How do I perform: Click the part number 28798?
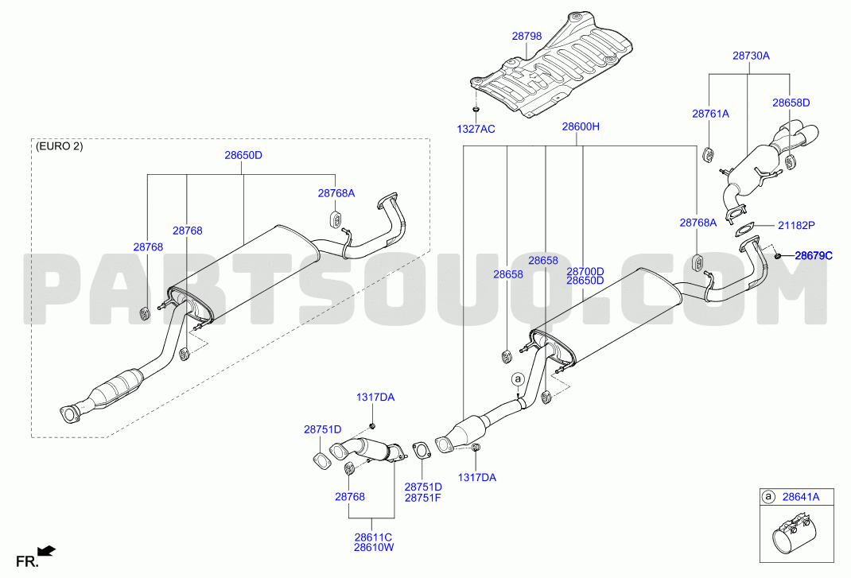tap(527, 37)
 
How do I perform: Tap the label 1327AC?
tap(476, 129)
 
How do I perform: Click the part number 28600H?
tap(580, 126)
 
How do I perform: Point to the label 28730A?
tap(751, 56)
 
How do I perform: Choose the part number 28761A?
tap(710, 114)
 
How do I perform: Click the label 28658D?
tap(791, 103)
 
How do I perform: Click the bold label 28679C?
tap(814, 255)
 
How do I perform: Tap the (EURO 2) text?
tap(59, 146)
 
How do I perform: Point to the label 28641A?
tap(801, 496)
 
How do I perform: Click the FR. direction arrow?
tap(48, 551)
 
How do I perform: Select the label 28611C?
tap(373, 537)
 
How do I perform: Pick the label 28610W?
tap(374, 548)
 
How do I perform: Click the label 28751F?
tap(423, 498)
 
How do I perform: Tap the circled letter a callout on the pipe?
tap(518, 378)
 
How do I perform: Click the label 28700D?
tap(585, 271)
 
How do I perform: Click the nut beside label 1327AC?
tap(476, 111)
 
